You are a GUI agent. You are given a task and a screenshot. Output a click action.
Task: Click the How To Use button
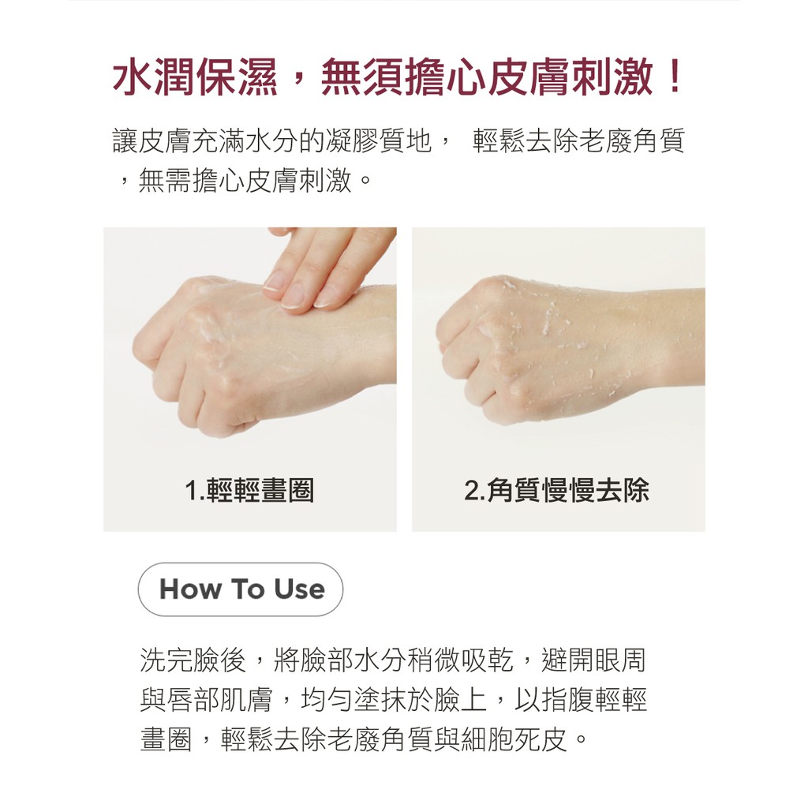click(x=240, y=589)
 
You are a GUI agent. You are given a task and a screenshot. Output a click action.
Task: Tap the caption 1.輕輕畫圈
click(x=249, y=490)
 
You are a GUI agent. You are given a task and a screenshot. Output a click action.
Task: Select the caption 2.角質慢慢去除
click(x=556, y=490)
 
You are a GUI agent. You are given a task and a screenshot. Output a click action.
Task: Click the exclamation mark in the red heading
click(x=674, y=77)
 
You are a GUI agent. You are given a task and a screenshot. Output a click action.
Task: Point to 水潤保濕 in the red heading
click(x=195, y=77)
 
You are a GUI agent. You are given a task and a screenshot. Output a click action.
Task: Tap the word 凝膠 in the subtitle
click(x=353, y=140)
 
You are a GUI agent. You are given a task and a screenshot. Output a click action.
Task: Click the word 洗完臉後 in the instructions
click(x=193, y=660)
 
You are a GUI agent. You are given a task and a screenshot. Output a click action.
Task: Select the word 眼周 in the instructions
click(x=620, y=660)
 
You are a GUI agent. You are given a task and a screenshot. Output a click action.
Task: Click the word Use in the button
click(x=299, y=589)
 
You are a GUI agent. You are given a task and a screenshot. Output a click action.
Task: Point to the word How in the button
click(x=190, y=589)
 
